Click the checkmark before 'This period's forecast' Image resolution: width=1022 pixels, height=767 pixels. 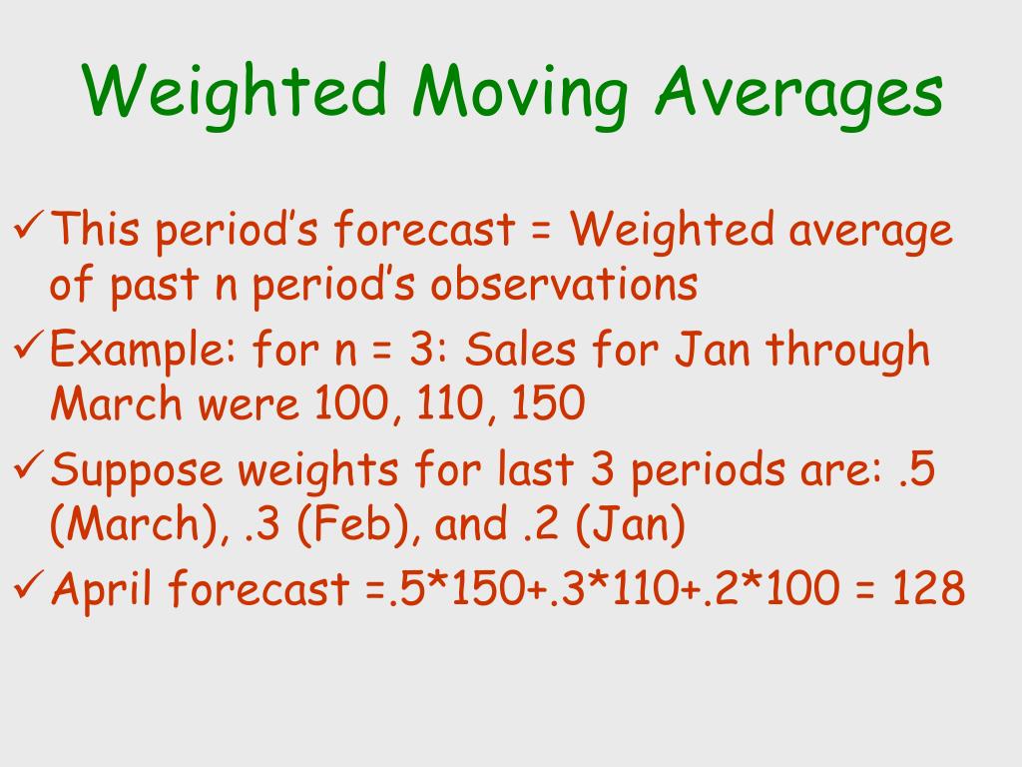[28, 223]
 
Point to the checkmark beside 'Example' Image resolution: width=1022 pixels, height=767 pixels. [28, 344]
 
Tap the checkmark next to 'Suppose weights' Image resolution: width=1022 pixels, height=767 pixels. [28, 463]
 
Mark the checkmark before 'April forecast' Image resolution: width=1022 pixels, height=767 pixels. [28, 583]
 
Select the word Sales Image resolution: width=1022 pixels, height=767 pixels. [520, 349]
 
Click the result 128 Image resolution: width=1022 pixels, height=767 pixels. [928, 587]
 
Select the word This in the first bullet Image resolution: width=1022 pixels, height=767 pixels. [95, 229]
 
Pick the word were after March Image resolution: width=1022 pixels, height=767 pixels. [249, 404]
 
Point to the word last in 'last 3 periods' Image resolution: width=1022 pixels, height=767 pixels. [535, 467]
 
